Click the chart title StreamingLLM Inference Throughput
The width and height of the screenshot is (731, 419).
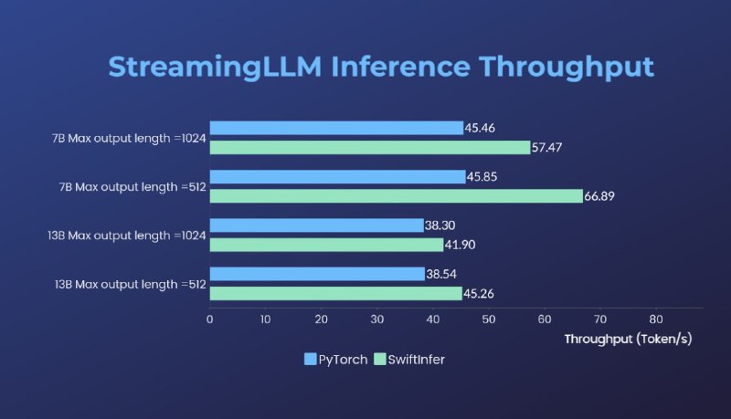[380, 67]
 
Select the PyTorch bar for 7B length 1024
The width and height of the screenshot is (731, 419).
[336, 128]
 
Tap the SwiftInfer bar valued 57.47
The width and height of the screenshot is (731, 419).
[370, 147]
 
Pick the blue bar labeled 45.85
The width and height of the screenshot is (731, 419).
[337, 176]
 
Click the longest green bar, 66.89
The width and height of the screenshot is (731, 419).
[396, 195]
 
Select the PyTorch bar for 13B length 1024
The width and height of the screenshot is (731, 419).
[316, 225]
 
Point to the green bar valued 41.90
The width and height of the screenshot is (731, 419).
[326, 245]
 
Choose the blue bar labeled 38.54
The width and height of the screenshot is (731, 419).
[317, 274]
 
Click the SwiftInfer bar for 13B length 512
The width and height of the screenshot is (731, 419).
[335, 293]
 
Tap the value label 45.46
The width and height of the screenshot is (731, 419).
[481, 128]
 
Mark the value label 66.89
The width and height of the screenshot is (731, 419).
[601, 195]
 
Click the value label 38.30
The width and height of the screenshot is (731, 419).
[441, 225]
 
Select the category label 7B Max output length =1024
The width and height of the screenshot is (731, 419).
[128, 139]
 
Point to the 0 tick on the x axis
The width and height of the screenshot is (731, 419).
[210, 319]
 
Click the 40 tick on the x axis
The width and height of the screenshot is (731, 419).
[433, 319]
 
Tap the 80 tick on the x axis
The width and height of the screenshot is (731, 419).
[656, 319]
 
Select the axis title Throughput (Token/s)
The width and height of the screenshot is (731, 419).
[628, 339]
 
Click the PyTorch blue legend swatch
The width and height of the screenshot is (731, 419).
[310, 359]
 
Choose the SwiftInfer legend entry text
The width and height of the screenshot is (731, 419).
[416, 359]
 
